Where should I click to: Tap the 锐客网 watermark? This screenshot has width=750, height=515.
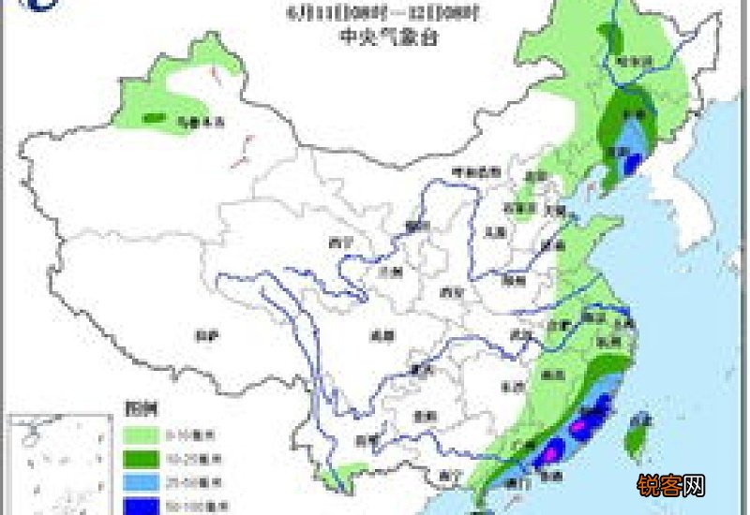click(x=670, y=485)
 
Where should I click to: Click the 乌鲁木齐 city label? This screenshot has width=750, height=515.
click(x=189, y=121)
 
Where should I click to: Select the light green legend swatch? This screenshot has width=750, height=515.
click(x=142, y=434)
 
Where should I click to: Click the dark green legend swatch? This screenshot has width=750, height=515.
click(x=142, y=458)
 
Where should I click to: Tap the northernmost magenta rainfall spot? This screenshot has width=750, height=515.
click(x=589, y=424)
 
